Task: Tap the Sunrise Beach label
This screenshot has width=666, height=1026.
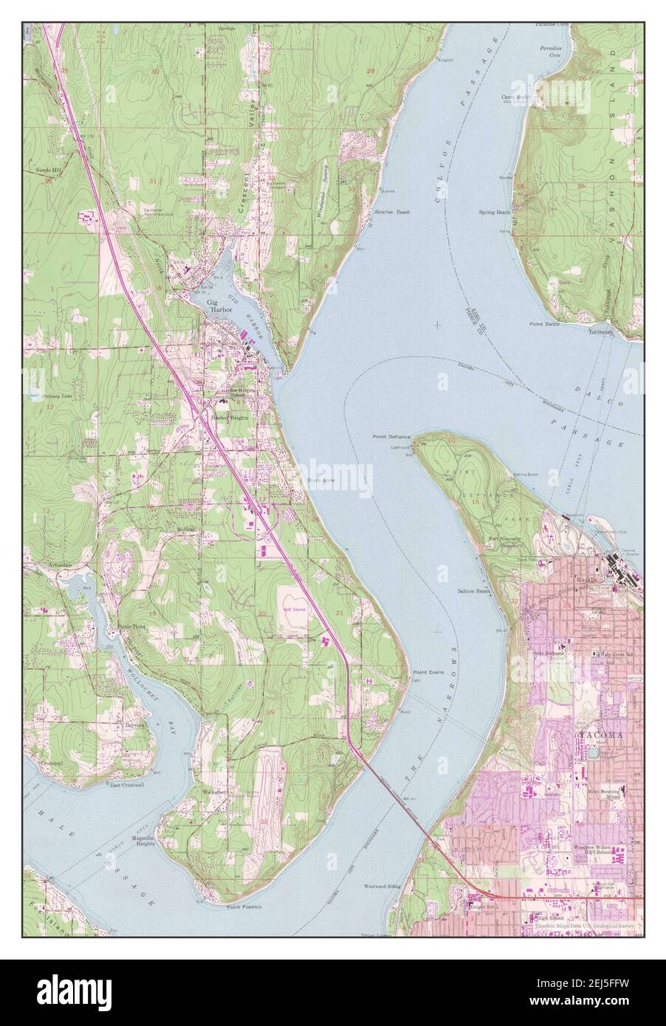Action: pos(391,211)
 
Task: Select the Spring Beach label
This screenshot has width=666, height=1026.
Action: pos(495,212)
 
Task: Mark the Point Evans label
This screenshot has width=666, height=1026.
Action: pos(428,672)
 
